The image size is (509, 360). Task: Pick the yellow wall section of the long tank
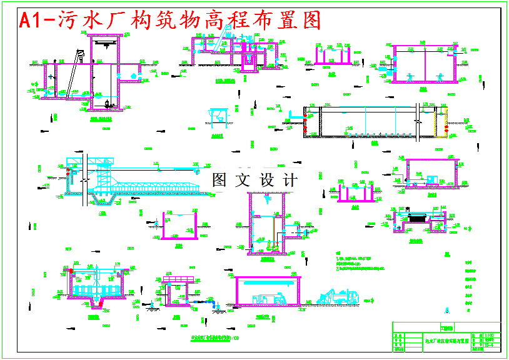coord(445,121)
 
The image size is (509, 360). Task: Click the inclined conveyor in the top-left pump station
coord(74,72)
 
